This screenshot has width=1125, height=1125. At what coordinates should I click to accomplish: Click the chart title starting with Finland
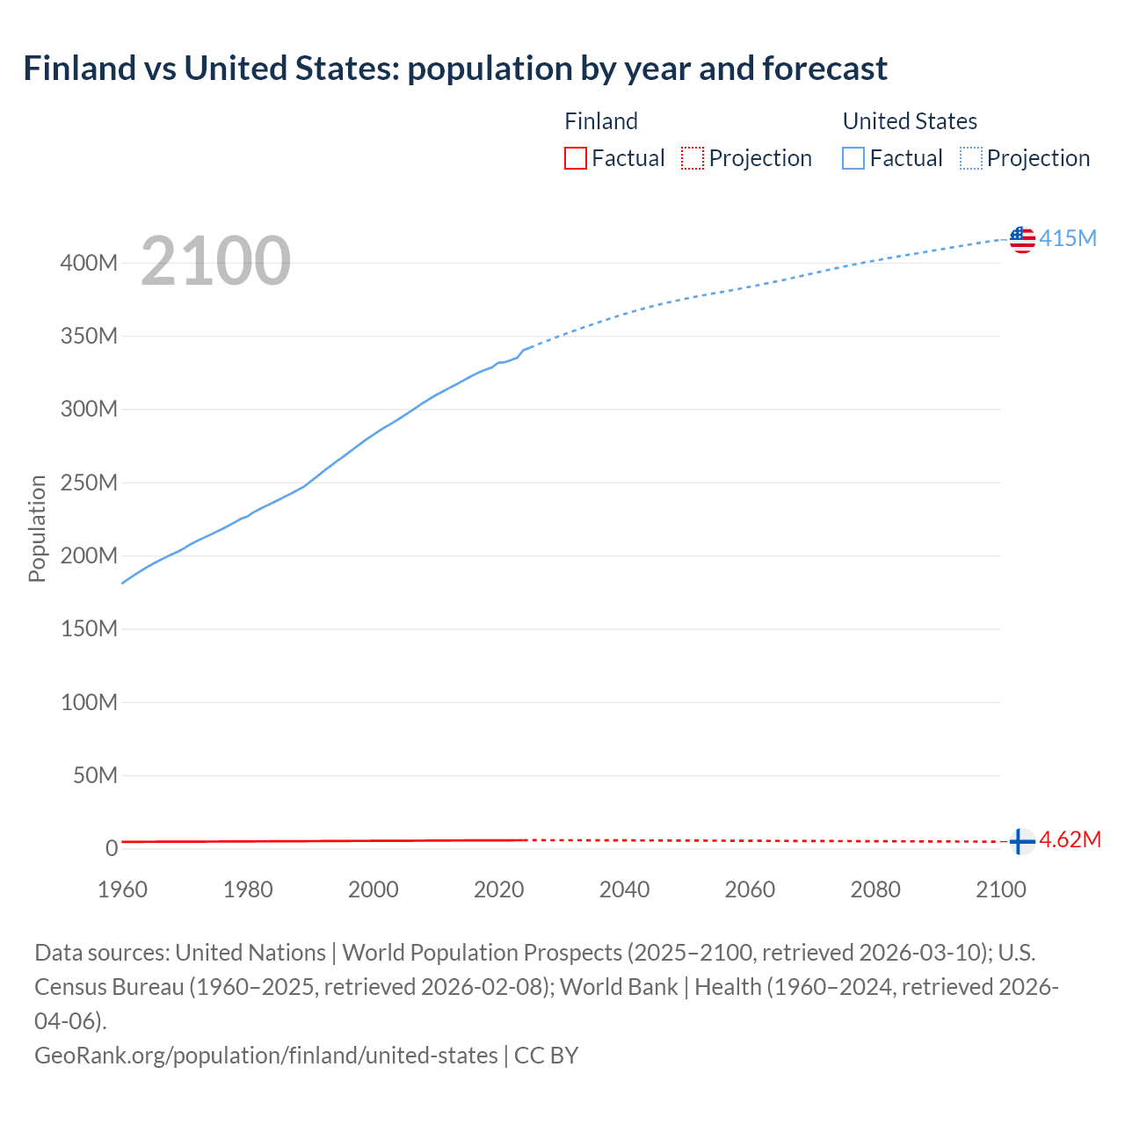click(x=455, y=69)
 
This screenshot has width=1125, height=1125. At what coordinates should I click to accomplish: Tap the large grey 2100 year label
click(x=215, y=261)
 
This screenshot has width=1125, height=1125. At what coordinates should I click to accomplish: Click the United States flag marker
click(x=1022, y=239)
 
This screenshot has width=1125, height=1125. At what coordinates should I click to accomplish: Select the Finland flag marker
click(x=1020, y=841)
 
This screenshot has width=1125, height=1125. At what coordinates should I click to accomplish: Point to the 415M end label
click(x=1068, y=238)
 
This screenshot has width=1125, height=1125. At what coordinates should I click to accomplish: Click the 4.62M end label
click(x=1070, y=839)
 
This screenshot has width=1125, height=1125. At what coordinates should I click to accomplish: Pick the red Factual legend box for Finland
click(x=575, y=158)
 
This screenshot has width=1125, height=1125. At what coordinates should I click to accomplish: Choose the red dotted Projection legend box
click(x=693, y=158)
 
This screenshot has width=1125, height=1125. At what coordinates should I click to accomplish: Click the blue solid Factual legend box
click(x=853, y=158)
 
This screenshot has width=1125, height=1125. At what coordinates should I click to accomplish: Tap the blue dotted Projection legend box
click(x=970, y=158)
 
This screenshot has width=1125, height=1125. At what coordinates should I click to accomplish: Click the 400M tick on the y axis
click(x=89, y=263)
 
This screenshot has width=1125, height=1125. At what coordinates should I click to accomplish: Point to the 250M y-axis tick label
click(x=89, y=483)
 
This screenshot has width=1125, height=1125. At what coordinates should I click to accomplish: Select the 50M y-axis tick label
click(x=95, y=775)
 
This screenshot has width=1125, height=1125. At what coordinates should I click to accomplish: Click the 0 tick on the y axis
click(x=112, y=848)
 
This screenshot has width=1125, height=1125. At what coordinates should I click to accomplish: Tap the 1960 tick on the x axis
click(x=122, y=889)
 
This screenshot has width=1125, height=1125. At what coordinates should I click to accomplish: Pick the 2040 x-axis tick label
click(x=624, y=889)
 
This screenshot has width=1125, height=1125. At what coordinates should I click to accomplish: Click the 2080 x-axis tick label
click(x=875, y=889)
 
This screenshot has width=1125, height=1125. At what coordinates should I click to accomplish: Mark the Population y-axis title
click(x=37, y=528)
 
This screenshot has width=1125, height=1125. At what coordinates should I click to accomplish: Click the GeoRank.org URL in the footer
click(x=265, y=1055)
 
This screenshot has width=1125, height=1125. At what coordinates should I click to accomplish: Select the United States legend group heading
click(x=910, y=121)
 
